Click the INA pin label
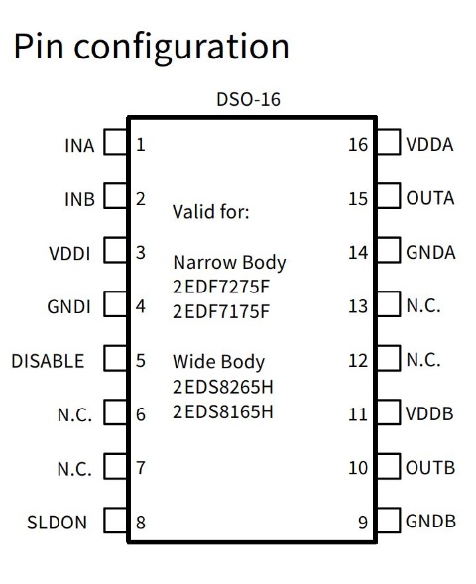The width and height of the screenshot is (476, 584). [x=79, y=145]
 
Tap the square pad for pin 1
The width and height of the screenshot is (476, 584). [x=115, y=142]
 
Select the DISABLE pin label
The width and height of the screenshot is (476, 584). [x=48, y=361]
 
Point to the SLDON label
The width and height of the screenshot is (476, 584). [x=57, y=523]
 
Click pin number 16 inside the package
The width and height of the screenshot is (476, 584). [x=358, y=145]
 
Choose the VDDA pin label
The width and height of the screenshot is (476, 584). [x=429, y=145]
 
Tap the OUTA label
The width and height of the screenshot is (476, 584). [x=430, y=198]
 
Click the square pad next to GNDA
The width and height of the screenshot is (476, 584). [x=389, y=250]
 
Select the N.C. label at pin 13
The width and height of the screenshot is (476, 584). [x=423, y=306]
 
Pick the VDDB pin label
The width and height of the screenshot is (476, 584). [x=429, y=413]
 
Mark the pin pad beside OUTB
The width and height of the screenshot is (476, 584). [x=389, y=466]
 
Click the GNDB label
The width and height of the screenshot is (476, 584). [x=430, y=522]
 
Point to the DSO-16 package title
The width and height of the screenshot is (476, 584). [x=249, y=99]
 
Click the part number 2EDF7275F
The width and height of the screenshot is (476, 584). [x=221, y=287]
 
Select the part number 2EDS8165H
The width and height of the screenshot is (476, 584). [x=223, y=411]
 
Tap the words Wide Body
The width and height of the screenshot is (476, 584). [x=218, y=362]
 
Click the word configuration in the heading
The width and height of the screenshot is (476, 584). [x=181, y=47]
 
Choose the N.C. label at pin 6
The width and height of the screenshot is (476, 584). [x=74, y=414]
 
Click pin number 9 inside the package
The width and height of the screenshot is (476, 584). [x=363, y=523]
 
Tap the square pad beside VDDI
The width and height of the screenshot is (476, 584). [x=115, y=250]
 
